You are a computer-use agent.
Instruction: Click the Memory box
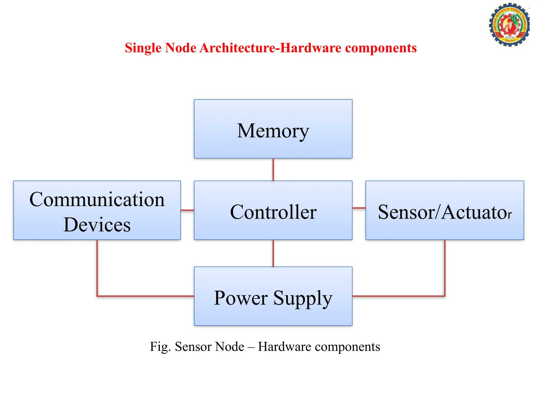point(273,129)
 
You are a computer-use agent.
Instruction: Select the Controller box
point(273,210)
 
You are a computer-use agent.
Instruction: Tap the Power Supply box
point(273,296)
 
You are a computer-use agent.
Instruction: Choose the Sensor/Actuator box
point(445,210)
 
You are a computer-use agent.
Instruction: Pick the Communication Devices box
point(97,210)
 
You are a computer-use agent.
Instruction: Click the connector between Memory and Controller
point(273,170)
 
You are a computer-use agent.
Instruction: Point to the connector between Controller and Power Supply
point(273,253)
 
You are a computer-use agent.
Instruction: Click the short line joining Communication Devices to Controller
point(187,210)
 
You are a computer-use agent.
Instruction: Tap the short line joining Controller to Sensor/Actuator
point(359,208)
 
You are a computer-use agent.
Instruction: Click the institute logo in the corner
point(509,25)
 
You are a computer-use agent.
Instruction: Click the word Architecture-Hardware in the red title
point(270,48)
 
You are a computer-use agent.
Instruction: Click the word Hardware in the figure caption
point(284,347)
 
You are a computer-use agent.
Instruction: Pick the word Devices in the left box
point(97,225)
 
